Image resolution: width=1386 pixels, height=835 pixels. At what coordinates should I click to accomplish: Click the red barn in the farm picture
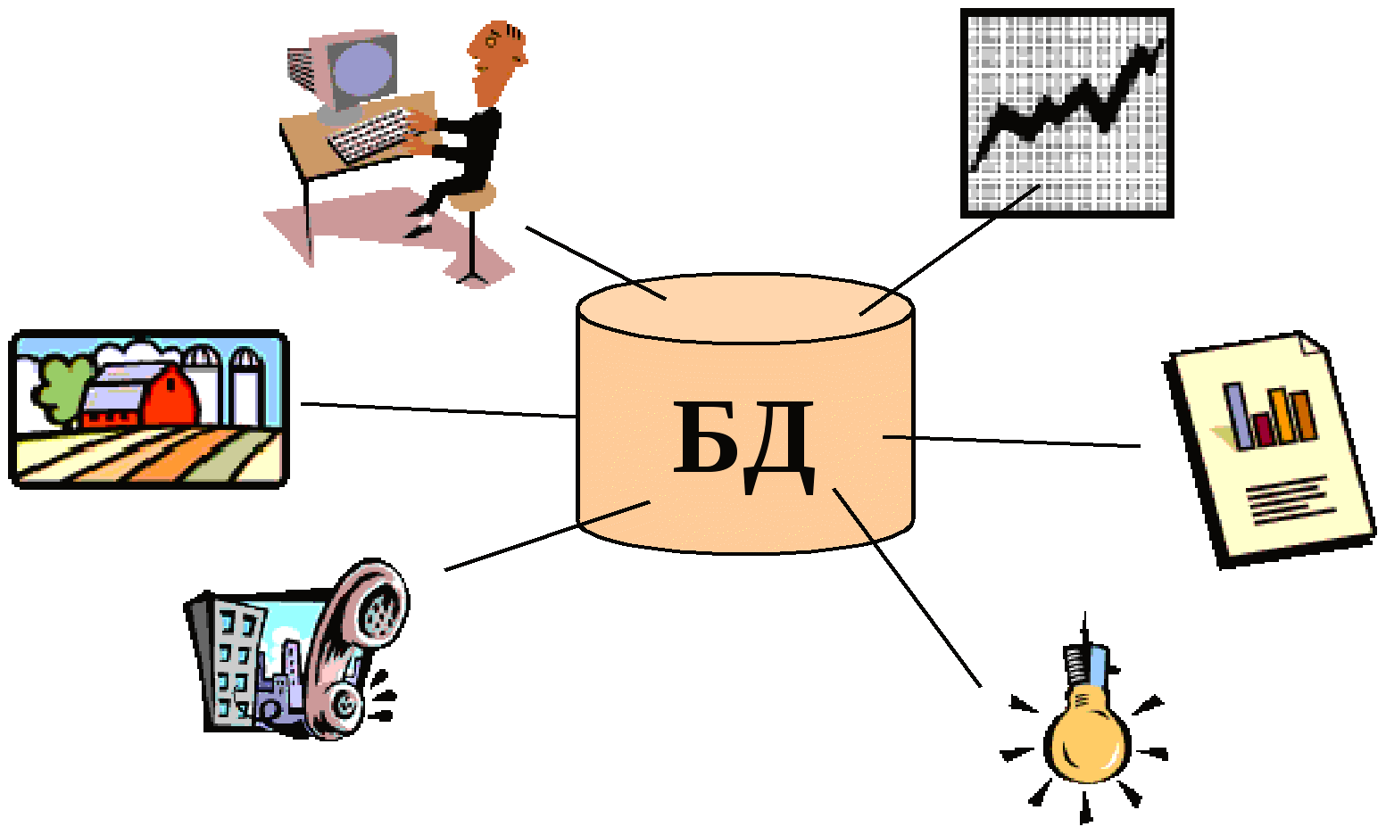click(170, 397)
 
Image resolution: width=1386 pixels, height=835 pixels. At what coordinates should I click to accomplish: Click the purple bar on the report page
click(1237, 416)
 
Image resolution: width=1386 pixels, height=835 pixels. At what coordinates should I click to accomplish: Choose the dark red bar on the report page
click(1262, 429)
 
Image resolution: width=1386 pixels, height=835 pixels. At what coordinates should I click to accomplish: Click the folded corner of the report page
click(1312, 343)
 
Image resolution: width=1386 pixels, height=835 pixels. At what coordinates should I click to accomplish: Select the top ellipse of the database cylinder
click(745, 309)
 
